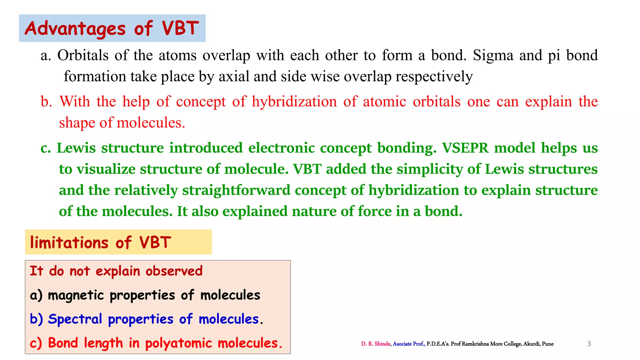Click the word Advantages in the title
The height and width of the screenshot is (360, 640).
coord(75,28)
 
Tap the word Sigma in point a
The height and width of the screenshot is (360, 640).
coord(493,55)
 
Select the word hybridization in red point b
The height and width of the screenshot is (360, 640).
coord(294,102)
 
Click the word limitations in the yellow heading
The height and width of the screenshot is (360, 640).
coord(69,242)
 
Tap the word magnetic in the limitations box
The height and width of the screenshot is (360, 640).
coord(76,295)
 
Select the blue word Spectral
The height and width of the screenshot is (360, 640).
coord(75,319)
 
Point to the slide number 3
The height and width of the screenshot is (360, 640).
coord(589,344)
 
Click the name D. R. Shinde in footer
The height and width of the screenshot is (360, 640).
coord(375,344)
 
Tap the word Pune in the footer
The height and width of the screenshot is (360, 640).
coord(547,344)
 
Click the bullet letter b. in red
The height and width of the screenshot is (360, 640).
coord(46,102)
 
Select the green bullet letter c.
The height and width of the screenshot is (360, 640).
coord(46,148)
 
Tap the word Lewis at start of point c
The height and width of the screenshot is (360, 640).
coord(76,148)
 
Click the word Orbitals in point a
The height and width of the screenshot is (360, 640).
coord(83,55)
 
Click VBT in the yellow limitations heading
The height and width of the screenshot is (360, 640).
coord(155,242)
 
